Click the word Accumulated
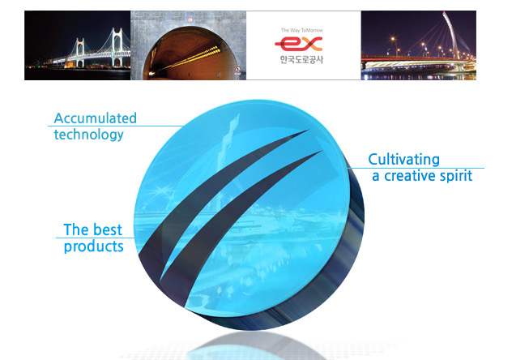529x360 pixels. (x=95, y=118)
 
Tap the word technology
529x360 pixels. (x=89, y=135)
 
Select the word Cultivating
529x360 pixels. (x=403, y=160)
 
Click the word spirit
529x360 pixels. (x=454, y=176)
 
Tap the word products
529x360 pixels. (x=93, y=246)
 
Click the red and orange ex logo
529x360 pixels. (x=299, y=44)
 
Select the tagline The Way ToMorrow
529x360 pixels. (x=302, y=30)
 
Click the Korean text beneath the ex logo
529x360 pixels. (x=301, y=59)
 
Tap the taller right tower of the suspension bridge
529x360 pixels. (x=117, y=46)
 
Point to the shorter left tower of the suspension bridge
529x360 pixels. (x=80, y=53)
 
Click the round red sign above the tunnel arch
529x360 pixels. (x=190, y=20)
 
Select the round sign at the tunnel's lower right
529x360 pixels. (x=238, y=70)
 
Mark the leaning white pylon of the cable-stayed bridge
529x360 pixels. (x=451, y=34)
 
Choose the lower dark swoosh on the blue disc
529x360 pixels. (x=237, y=223)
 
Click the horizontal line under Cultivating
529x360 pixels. (x=416, y=168)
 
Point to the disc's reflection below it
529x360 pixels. (x=257, y=346)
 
